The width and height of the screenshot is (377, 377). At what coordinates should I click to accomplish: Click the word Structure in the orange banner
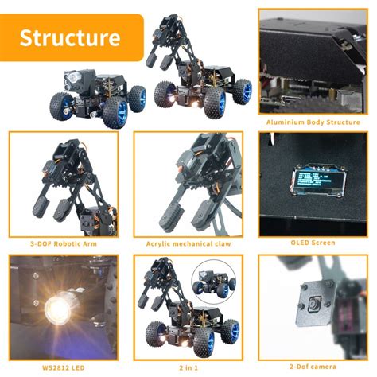coord(70,37)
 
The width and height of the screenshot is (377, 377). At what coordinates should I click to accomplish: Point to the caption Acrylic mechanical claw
coord(188,243)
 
